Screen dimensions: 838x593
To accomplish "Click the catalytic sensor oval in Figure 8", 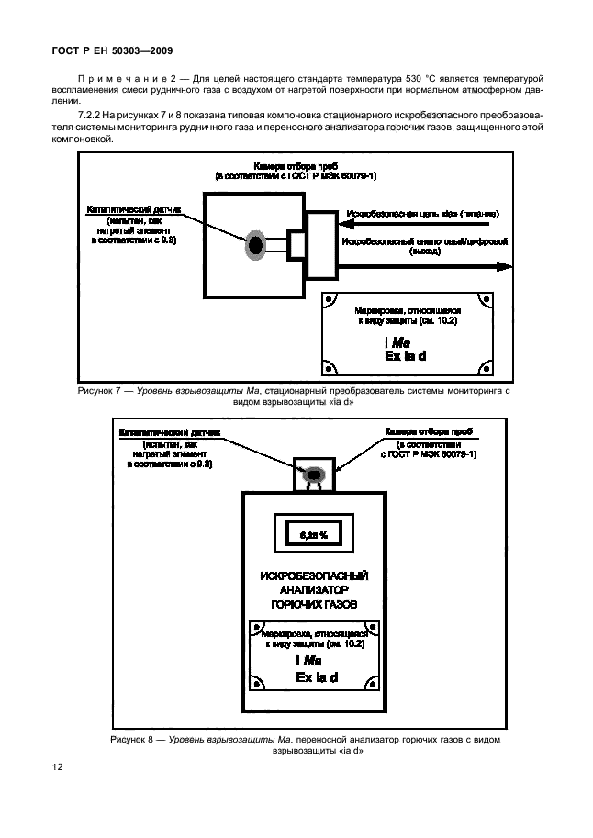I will tap(314, 474).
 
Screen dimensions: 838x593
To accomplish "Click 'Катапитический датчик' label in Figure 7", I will tap(135, 208).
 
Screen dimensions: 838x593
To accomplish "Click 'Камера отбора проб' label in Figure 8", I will tap(428, 430).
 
